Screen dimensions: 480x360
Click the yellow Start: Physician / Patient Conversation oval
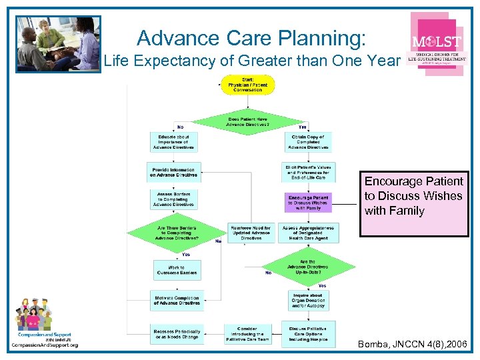pos(248,85)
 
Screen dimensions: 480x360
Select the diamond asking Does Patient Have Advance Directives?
pos(248,121)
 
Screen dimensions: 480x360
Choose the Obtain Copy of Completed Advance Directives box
pos(308,142)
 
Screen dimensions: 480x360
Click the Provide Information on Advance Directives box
pos(174,172)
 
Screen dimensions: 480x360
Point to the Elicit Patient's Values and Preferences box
pos(309,172)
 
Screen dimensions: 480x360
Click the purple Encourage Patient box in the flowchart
pos(308,203)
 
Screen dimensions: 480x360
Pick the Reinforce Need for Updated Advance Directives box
pos(251,233)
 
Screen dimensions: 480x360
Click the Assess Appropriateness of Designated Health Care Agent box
pos(309,233)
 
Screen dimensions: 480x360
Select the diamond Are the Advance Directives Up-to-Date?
pos(308,267)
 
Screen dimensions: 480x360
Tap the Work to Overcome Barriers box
pos(176,269)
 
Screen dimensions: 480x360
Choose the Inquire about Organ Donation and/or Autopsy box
pos(308,299)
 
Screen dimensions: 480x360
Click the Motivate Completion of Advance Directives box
pos(177,300)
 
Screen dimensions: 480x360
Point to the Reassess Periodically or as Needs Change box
pos(177,333)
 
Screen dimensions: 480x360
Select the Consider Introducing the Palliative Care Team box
pos(247,334)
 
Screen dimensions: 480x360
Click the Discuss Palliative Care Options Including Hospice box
pos(308,334)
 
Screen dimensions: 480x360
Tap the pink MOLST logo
pos(437,44)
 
